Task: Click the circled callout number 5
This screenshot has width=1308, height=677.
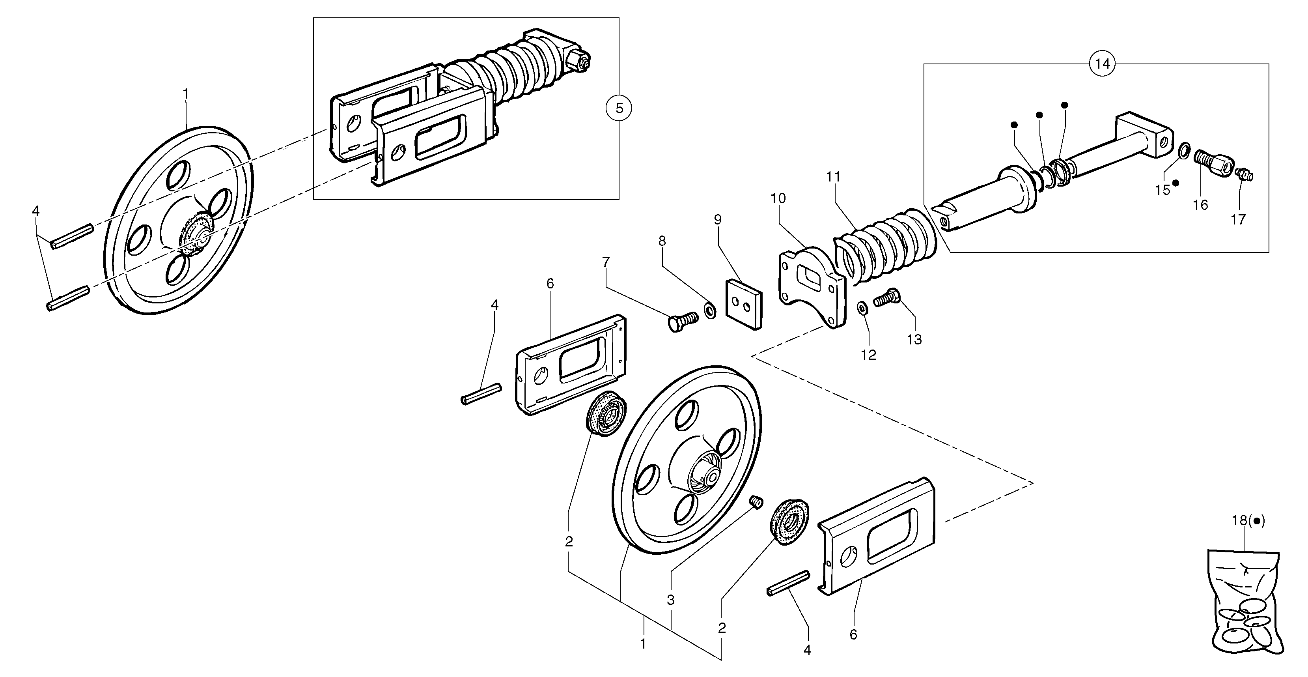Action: [618, 108]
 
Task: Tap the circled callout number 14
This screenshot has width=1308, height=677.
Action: [1102, 64]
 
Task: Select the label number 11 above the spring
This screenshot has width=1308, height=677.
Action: [833, 177]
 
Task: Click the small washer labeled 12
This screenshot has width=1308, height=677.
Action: [862, 308]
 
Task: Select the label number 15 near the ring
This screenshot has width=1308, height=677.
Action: [1162, 190]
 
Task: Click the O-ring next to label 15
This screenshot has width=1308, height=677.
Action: [1184, 150]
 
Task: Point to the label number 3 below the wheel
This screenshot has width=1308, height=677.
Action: [670, 600]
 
